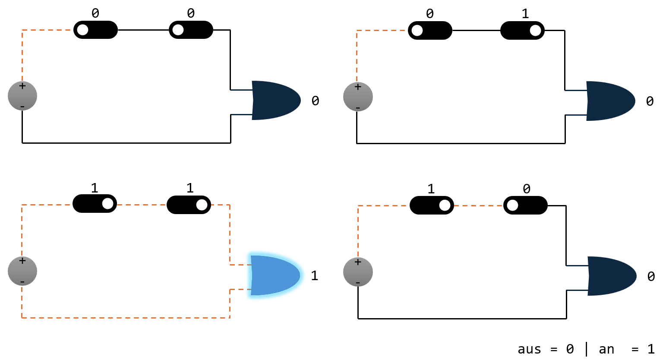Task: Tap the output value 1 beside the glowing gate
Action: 315,275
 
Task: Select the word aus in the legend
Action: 529,349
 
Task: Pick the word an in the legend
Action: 606,349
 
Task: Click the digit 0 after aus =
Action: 570,349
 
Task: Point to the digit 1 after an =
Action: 650,349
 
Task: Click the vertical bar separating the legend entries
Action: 586,349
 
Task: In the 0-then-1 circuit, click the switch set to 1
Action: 522,31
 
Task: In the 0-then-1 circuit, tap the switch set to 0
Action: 430,31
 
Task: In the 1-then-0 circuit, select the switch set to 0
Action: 525,205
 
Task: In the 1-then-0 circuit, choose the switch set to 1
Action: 432,205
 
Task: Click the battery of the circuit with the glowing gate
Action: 22,271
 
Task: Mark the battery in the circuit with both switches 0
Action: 22,96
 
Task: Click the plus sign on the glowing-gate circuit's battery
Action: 22,261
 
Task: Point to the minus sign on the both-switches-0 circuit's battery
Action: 22,106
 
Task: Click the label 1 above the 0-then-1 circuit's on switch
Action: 525,14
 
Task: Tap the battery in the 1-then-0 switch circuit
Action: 358,272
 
